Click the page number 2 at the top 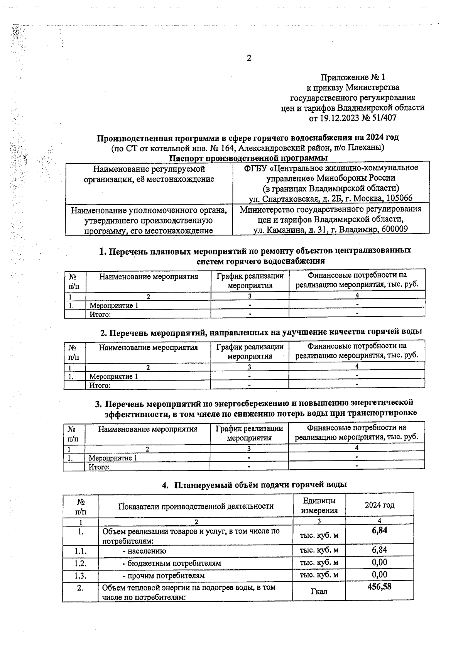click(249, 58)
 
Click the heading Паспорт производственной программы click(248, 158)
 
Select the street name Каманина click(285, 229)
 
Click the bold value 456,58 click(379, 587)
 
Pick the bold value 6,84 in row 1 click(379, 530)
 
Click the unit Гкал click(319, 591)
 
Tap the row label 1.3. click(81, 575)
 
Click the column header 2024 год click(380, 505)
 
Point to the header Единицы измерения click(319, 506)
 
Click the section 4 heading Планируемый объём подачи click(260, 485)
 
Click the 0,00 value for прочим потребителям click(379, 575)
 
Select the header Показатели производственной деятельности click(196, 506)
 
